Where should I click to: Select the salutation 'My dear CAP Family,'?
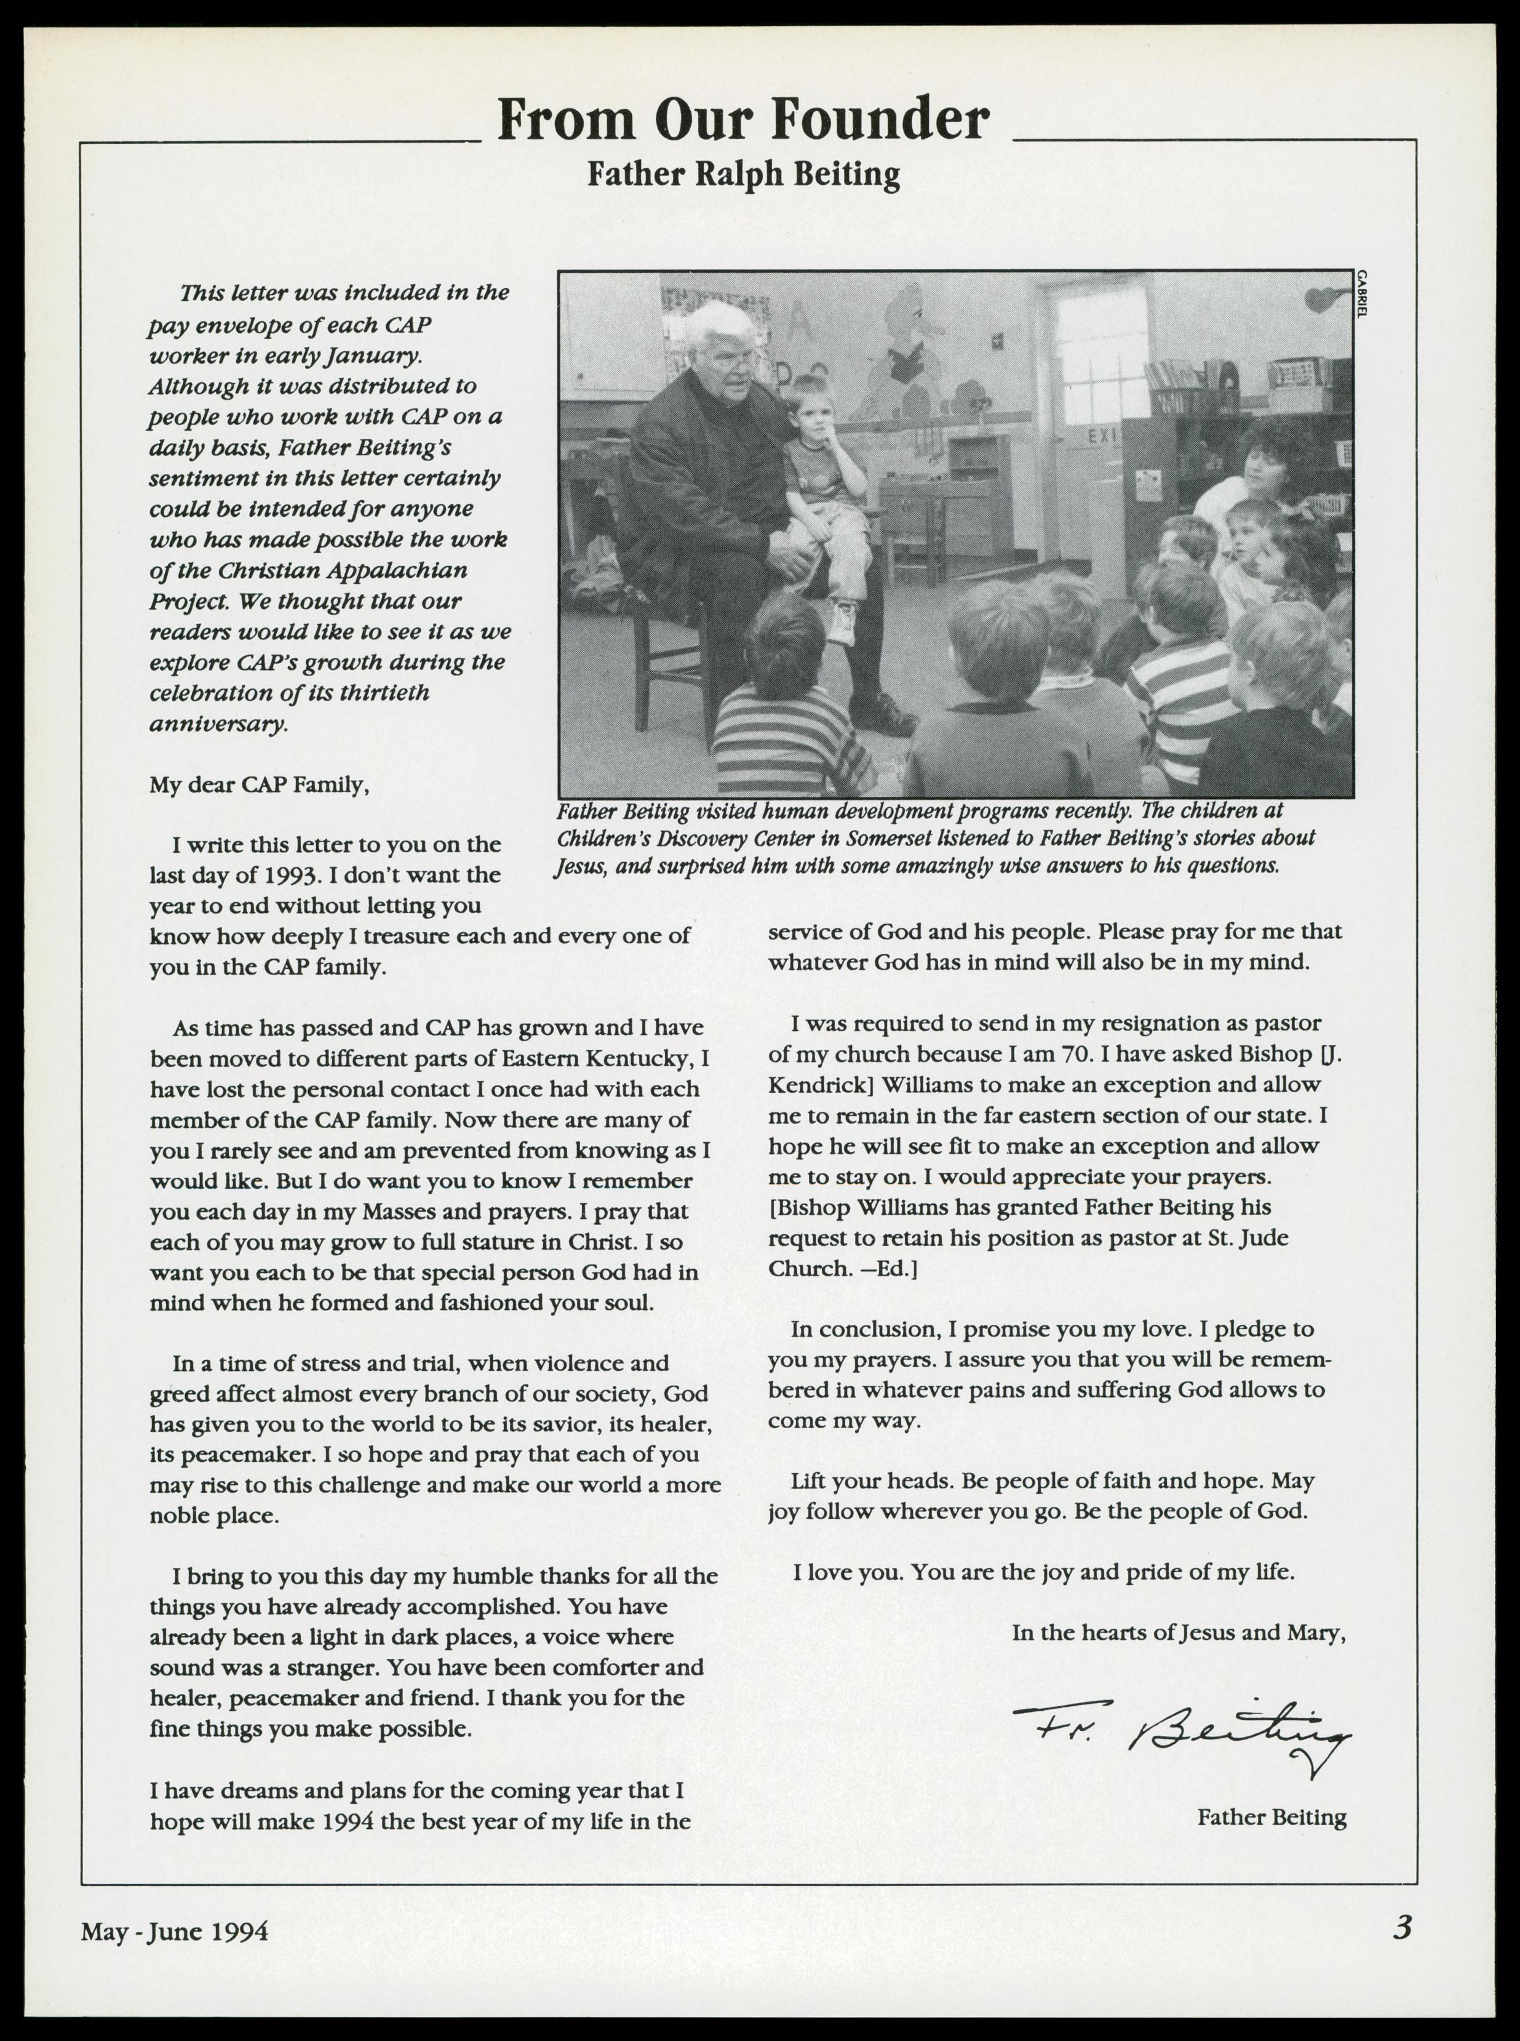pos(260,785)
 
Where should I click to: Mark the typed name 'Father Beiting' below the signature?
pos(1271,1818)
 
